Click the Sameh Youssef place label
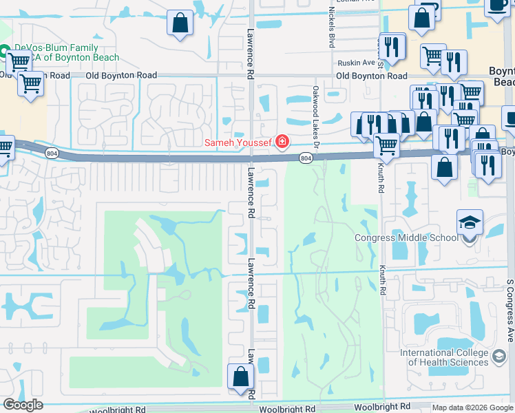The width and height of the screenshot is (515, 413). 238,142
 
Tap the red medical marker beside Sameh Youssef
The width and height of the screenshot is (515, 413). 281,142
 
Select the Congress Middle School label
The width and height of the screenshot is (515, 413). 406,238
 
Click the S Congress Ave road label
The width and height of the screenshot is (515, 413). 510,310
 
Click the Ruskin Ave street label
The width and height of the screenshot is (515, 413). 355,62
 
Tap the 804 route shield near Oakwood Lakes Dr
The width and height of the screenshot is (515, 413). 306,159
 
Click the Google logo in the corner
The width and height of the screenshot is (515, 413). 23,405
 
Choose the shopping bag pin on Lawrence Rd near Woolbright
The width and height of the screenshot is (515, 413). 240,377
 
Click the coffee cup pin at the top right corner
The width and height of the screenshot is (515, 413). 498,6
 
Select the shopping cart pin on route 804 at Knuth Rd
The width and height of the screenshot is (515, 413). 387,145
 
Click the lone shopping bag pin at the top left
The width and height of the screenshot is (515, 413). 180,22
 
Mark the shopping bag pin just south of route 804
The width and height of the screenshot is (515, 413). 445,167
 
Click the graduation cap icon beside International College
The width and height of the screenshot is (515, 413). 498,358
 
